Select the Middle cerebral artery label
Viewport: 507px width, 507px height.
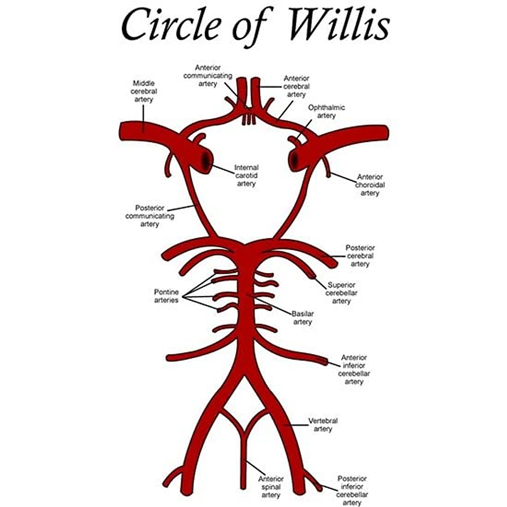pos(144,91)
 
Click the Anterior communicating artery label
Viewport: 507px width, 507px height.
pos(207,76)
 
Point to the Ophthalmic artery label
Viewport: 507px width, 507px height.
pos(326,112)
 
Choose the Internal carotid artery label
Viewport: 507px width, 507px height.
pos(246,175)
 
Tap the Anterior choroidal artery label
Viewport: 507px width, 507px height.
pos(370,185)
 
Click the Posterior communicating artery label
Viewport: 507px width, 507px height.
pos(150,216)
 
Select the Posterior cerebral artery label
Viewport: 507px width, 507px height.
pos(360,256)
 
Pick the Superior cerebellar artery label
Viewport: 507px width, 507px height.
pos(341,293)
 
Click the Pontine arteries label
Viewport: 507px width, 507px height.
pos(166,296)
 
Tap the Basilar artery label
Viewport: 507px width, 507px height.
pos(303,318)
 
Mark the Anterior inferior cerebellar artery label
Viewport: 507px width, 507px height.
pos(354,369)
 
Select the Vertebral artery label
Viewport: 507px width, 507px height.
pos(323,425)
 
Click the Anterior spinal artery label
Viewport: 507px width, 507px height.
pos(271,487)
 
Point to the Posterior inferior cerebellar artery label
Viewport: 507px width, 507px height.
pos(352,490)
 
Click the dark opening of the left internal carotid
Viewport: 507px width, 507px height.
pos(206,160)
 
